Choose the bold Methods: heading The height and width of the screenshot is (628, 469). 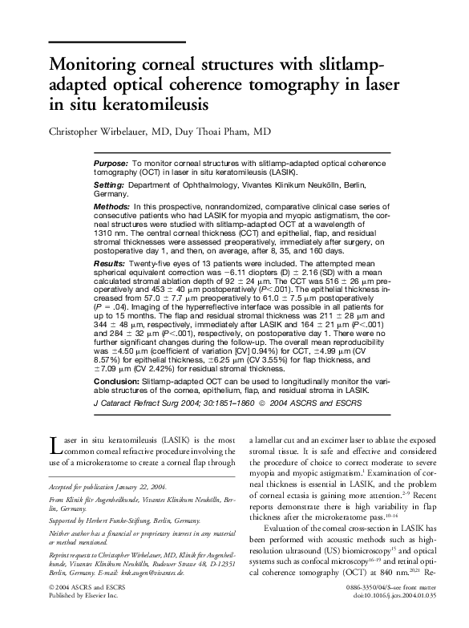(112, 207)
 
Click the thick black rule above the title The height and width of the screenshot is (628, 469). (117, 41)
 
